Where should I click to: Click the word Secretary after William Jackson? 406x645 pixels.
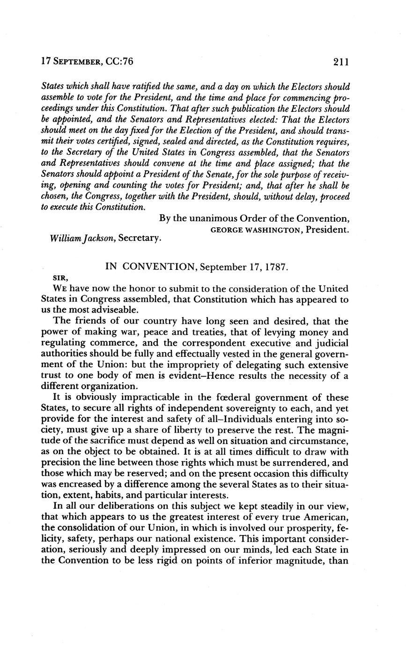click(140, 239)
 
